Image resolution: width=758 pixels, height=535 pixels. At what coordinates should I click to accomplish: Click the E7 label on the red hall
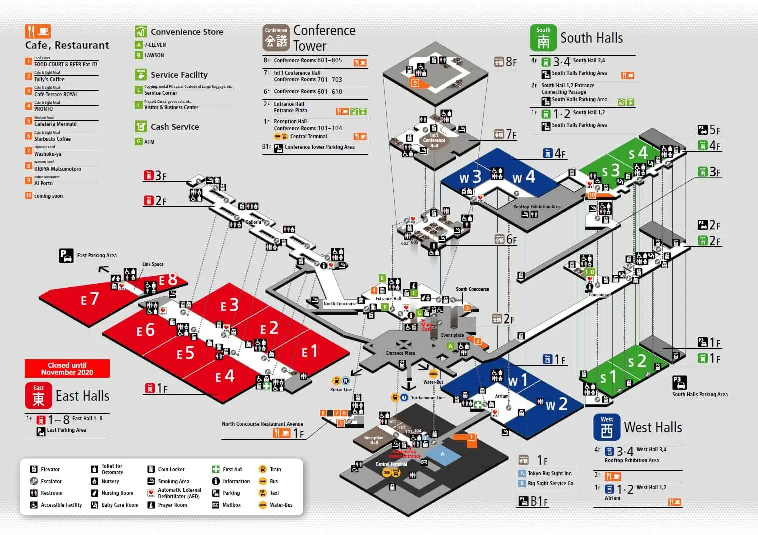pos(90,299)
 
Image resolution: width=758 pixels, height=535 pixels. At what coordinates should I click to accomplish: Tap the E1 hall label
pos(309,352)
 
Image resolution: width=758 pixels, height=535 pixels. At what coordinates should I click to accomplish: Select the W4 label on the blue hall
pos(523,177)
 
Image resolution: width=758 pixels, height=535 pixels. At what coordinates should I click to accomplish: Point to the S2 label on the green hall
pos(637,361)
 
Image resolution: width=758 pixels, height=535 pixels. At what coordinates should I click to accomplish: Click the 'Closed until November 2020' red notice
pos(67,369)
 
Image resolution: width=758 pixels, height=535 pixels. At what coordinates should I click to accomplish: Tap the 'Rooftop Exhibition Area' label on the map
pos(537,206)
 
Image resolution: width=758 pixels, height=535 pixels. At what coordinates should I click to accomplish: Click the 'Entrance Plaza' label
pos(400,353)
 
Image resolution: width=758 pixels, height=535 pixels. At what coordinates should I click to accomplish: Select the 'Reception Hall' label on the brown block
pos(374,440)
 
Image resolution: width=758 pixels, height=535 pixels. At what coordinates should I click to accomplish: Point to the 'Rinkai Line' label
pos(341,390)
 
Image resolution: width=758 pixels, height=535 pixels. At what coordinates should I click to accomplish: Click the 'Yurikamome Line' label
pos(427,398)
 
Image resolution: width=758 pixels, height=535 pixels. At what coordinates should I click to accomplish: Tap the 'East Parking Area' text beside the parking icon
pos(97,255)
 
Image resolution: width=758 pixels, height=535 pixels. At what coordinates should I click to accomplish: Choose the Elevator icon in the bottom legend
pos(34,469)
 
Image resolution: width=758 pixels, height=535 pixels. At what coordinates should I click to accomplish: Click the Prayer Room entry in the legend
pos(172,505)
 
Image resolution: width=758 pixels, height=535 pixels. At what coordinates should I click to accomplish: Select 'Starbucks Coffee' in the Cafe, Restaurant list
pos(52,139)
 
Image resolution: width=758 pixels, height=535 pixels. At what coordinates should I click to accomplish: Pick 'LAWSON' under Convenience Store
pos(154,55)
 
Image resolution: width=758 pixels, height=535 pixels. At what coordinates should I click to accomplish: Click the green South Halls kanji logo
pos(543,38)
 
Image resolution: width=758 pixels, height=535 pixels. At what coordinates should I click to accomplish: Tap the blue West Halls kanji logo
pos(606,427)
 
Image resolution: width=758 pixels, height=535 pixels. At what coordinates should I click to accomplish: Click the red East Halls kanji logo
pos(38,396)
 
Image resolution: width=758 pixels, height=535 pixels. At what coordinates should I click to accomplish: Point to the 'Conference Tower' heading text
pos(324,38)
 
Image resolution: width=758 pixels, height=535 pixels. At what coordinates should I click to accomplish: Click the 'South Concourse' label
pos(472,289)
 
